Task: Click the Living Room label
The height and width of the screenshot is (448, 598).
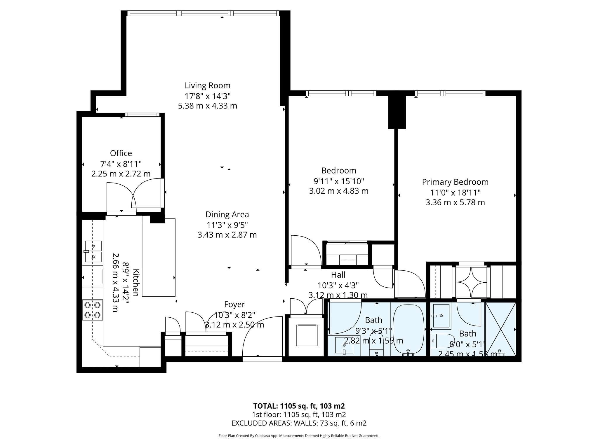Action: coord(207,85)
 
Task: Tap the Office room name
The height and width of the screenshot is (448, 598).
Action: coord(121,153)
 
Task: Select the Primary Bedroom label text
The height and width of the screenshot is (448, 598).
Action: coord(455,182)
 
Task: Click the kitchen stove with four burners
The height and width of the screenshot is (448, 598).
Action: coord(92,310)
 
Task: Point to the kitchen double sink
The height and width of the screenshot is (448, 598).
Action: coord(93,251)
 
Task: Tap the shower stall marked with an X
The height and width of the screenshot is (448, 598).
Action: coord(500,329)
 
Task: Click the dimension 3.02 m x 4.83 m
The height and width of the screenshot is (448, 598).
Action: coord(339,191)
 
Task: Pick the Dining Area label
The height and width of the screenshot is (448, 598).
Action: coord(227,215)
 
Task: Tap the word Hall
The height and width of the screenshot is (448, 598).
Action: coord(338,275)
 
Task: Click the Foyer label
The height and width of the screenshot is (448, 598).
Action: coord(234,304)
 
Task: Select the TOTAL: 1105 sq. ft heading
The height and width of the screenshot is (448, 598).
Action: coord(299,406)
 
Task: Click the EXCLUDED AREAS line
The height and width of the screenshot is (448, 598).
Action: coord(299,423)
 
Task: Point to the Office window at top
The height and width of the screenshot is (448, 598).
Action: coord(142,115)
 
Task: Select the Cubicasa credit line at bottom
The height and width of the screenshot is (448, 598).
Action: coord(299,436)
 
